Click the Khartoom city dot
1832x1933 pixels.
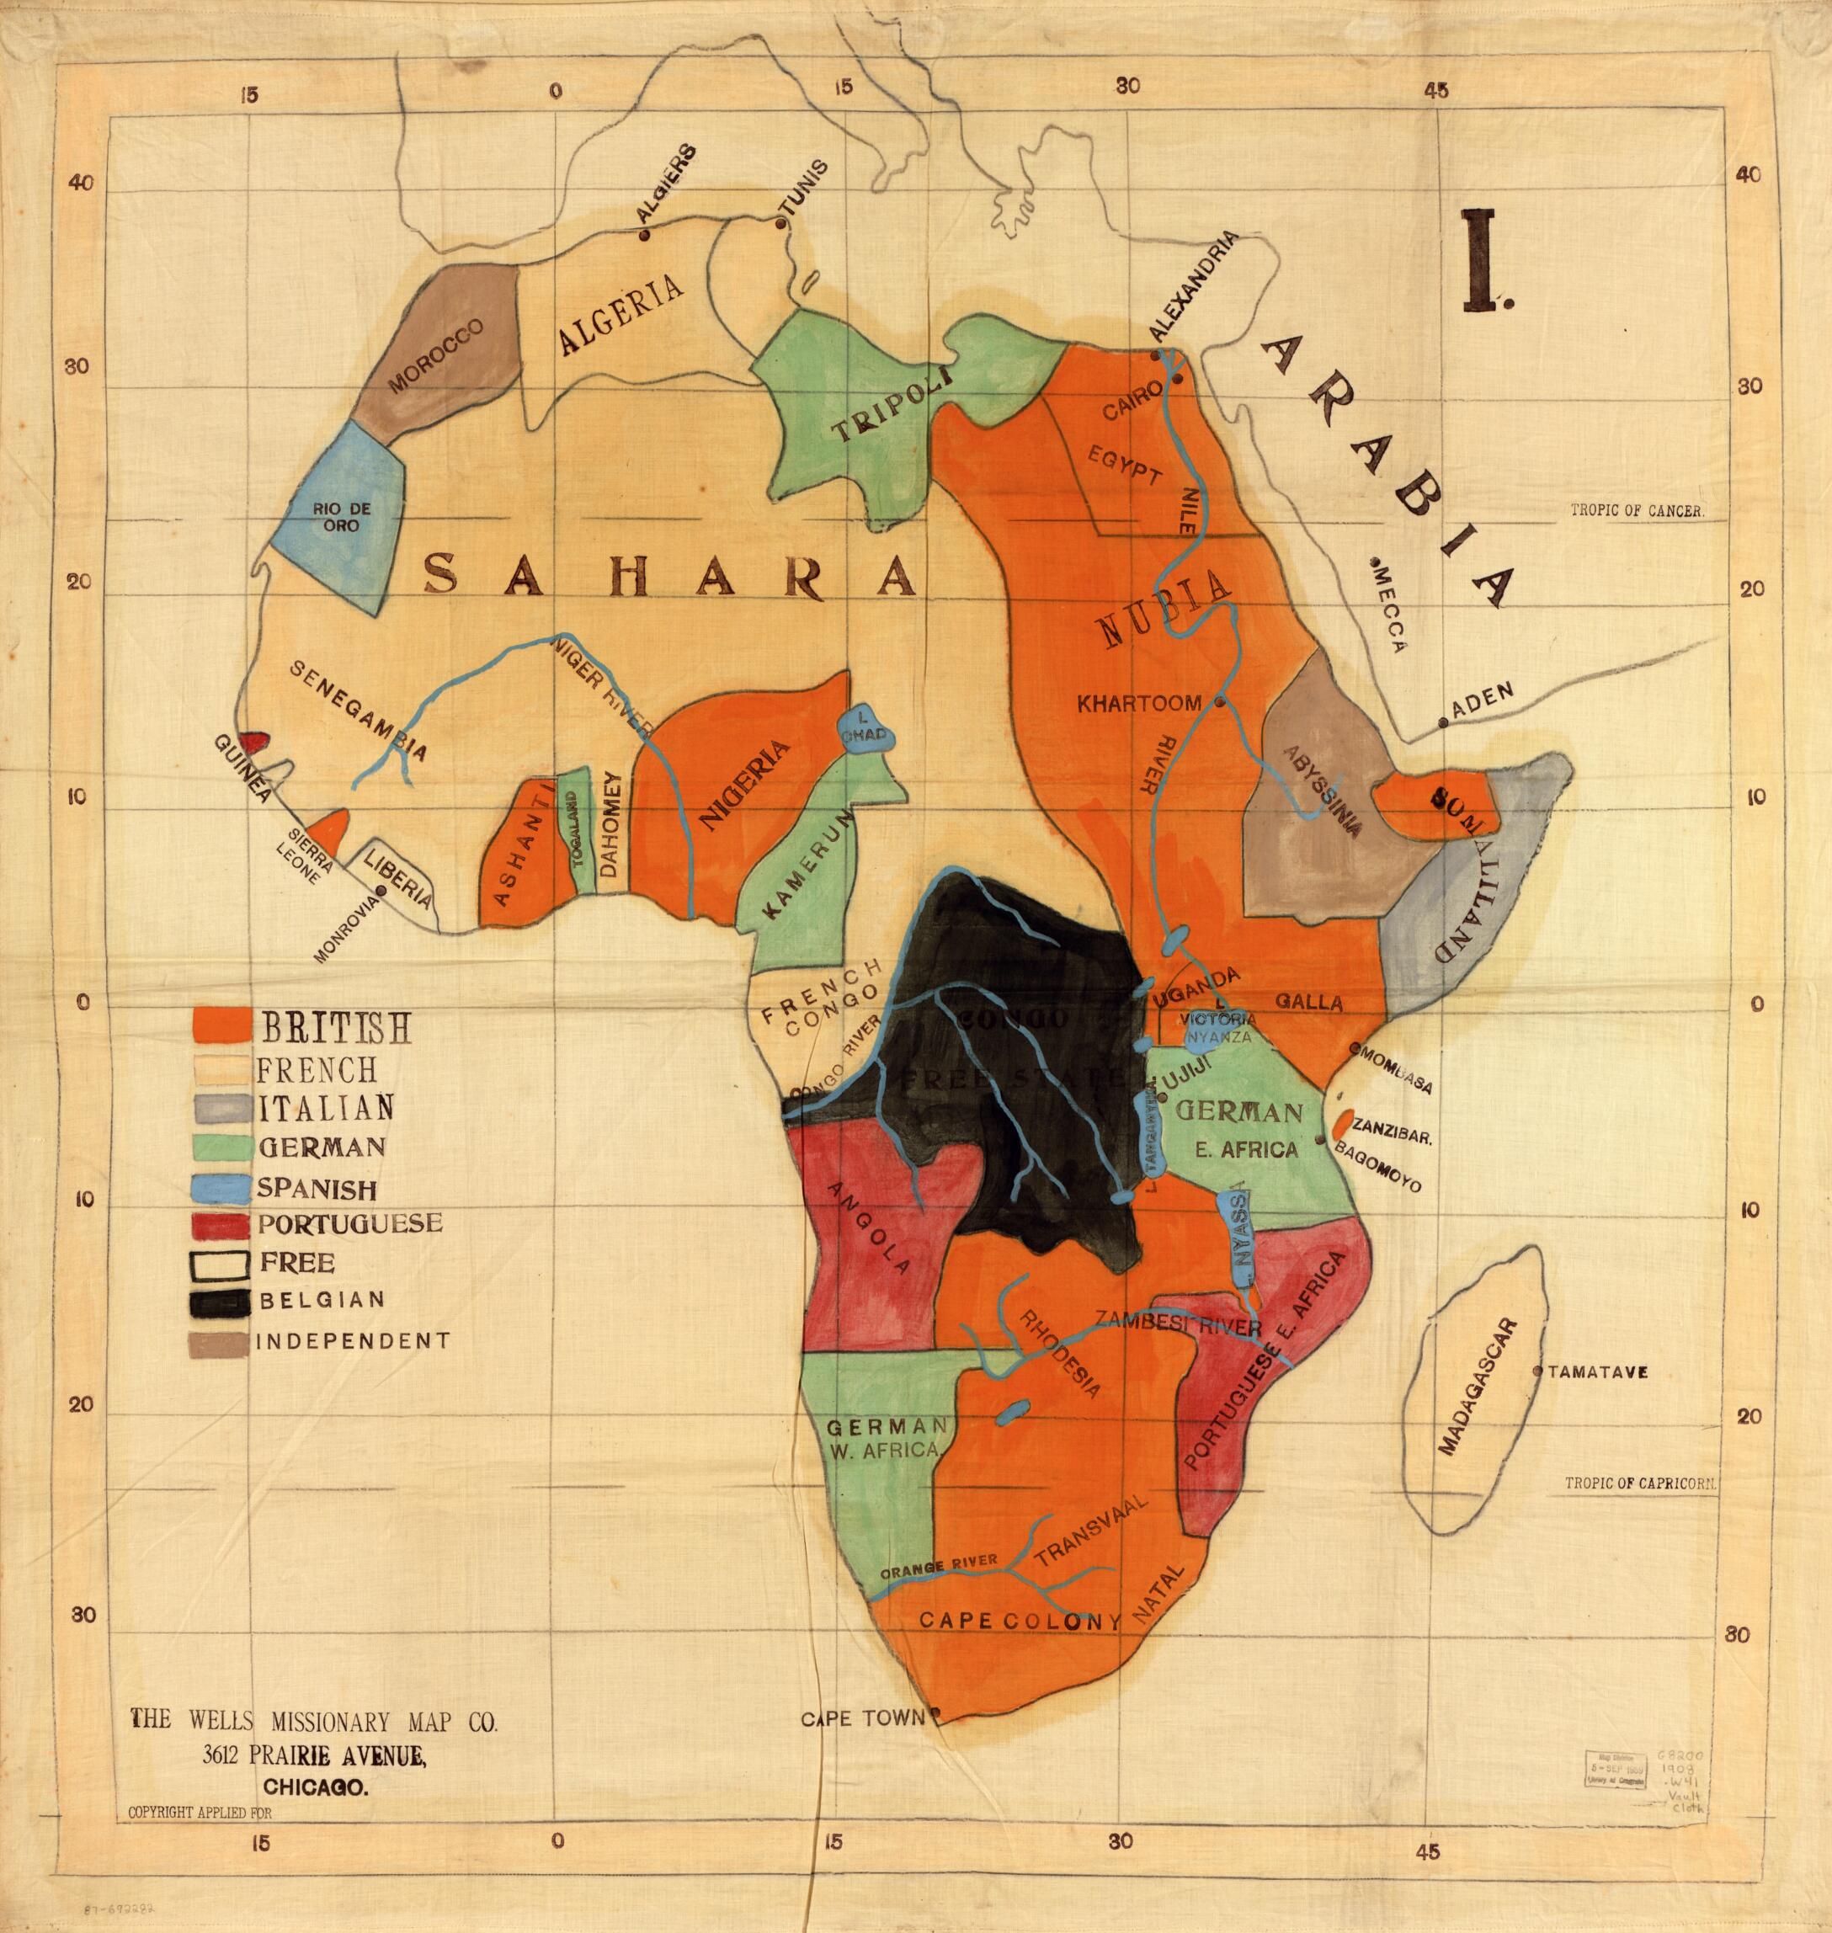pos(1220,702)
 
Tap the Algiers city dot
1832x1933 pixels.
pos(643,236)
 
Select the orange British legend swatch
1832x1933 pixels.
pos(221,1024)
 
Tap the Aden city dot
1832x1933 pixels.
pos(1442,723)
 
